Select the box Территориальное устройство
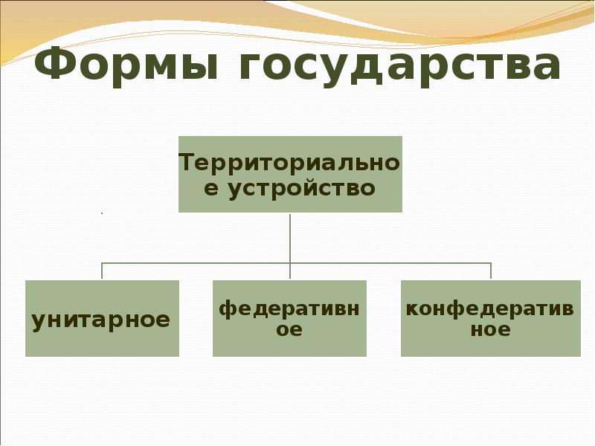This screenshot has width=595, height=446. point(290,174)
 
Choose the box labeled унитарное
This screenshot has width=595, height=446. point(102,318)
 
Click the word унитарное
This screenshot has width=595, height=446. point(102,320)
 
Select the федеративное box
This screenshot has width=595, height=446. point(290,318)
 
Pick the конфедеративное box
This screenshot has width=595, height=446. point(490,318)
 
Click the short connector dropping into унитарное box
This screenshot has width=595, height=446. point(102,271)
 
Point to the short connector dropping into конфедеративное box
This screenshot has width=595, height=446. point(491,271)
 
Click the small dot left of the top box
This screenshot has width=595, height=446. point(101,214)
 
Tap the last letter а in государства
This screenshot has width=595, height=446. point(543,68)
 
